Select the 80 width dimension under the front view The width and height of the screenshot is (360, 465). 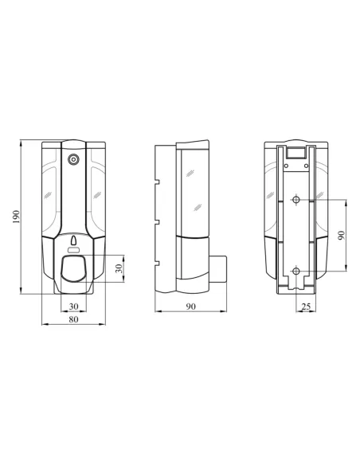[x=73, y=319]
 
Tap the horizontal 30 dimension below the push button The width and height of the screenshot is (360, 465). [x=73, y=306]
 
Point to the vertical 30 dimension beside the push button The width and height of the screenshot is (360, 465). [x=119, y=268]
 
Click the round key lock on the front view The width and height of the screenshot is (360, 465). [x=74, y=159]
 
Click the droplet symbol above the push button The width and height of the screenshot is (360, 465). [x=74, y=240]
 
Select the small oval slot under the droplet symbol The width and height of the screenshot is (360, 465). [x=74, y=251]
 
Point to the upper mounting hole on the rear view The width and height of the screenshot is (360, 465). [x=295, y=199]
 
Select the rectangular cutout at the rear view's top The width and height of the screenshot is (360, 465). [x=295, y=152]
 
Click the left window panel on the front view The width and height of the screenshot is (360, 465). [x=50, y=191]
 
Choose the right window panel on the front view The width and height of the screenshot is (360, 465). [x=97, y=191]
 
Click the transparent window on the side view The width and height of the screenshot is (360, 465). [x=193, y=191]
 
